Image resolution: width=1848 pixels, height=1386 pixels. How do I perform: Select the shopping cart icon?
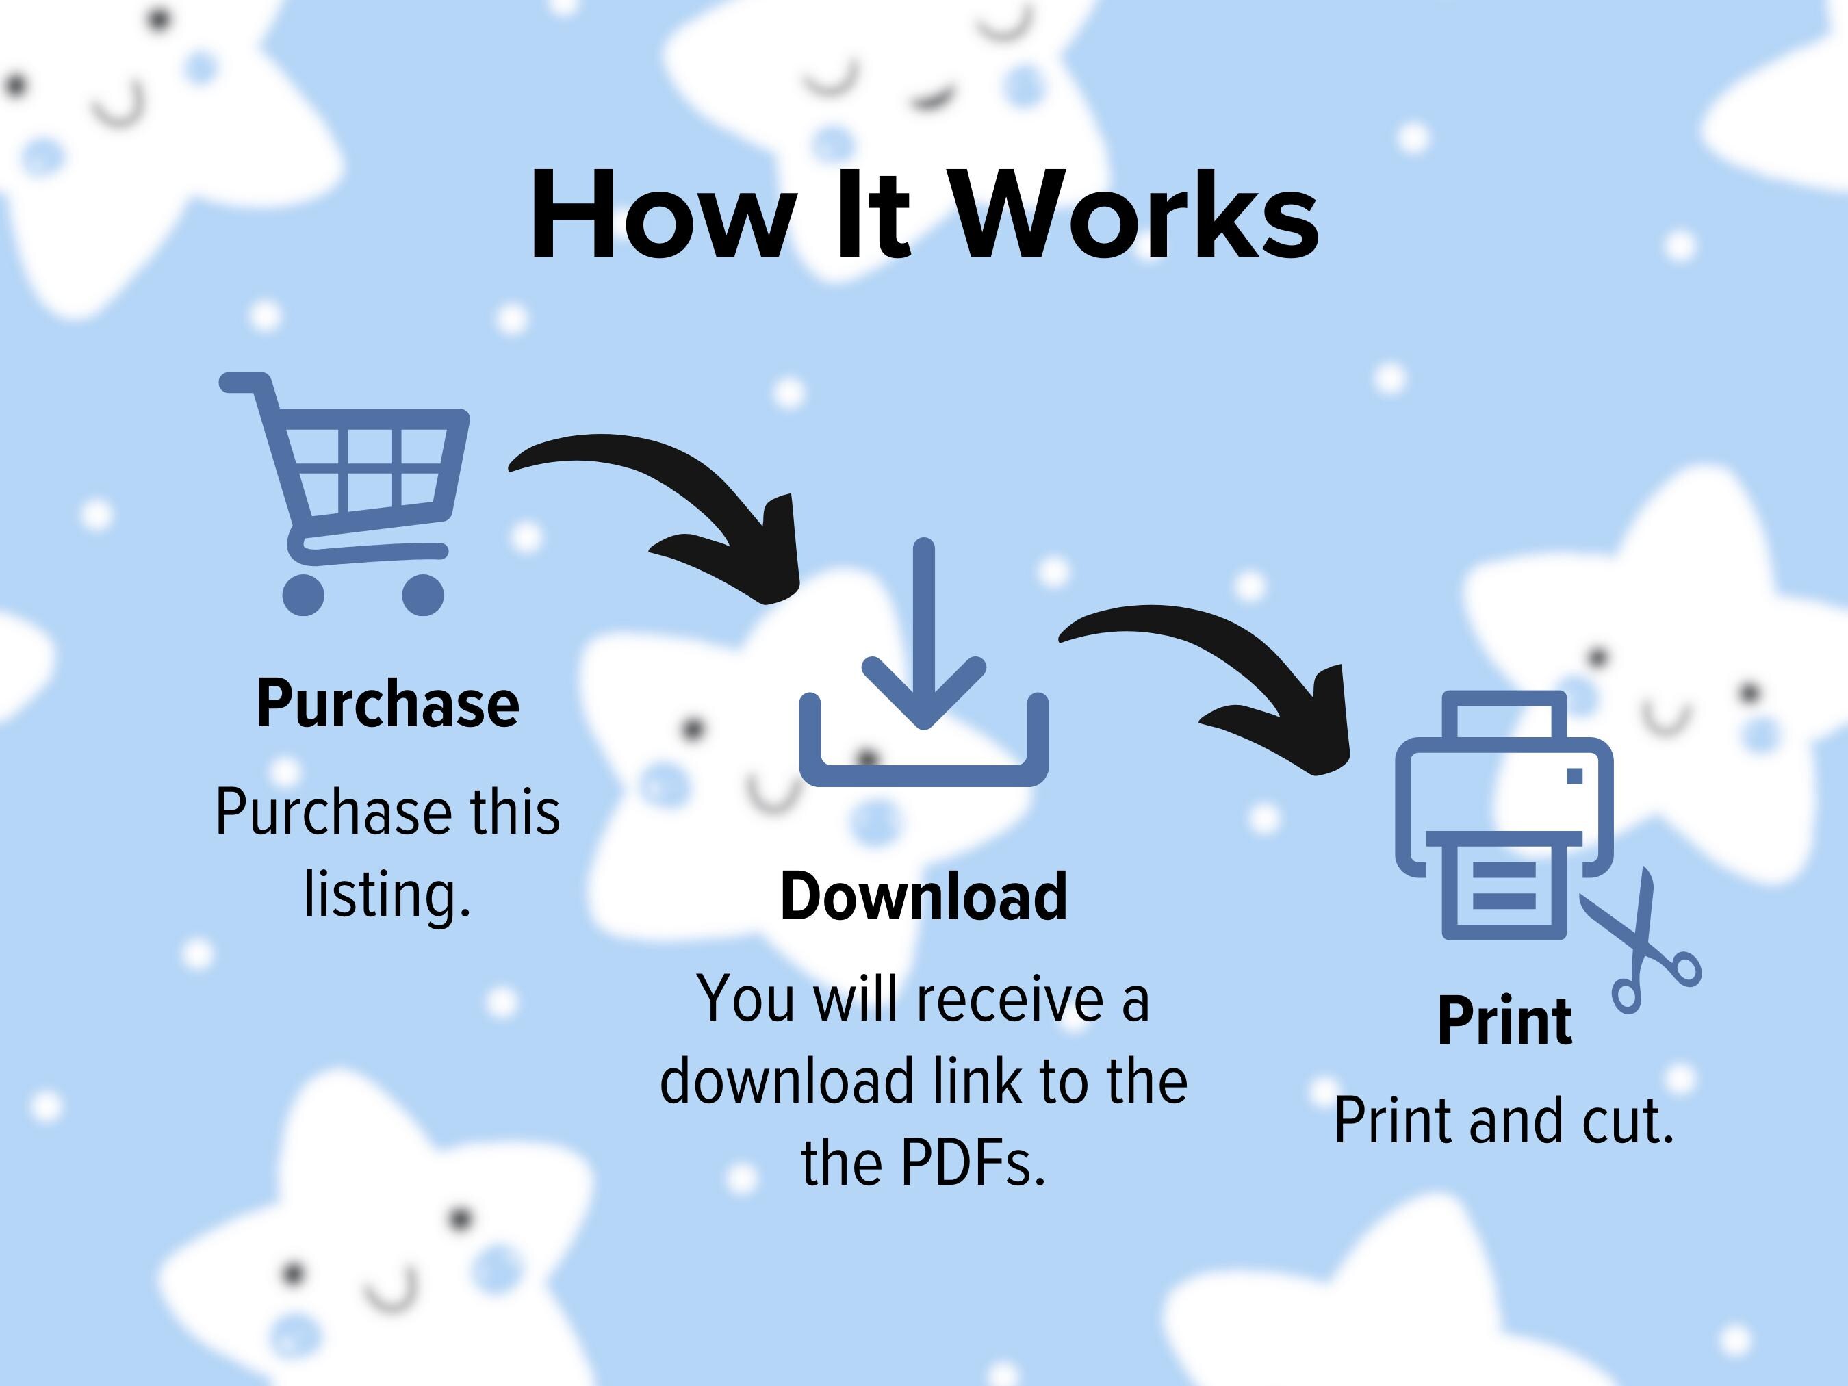coord(344,493)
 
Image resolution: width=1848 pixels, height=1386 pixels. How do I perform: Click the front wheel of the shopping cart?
coord(423,595)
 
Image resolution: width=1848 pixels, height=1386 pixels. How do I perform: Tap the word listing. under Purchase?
coord(387,895)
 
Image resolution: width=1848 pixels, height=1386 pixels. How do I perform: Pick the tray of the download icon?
coord(924,775)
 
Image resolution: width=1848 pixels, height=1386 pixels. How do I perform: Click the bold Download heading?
coord(924,897)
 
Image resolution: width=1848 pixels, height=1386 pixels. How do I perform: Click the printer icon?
coord(1504,815)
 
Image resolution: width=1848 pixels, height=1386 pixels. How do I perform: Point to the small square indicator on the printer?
coord(1575,776)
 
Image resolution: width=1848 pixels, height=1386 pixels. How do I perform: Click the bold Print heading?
coord(1504,1021)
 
